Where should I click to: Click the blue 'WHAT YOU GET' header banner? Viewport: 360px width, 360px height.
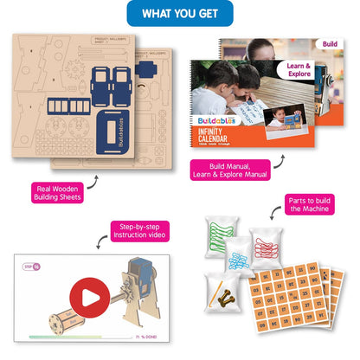click(x=180, y=14)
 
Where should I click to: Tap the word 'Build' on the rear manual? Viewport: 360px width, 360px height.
click(x=329, y=42)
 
